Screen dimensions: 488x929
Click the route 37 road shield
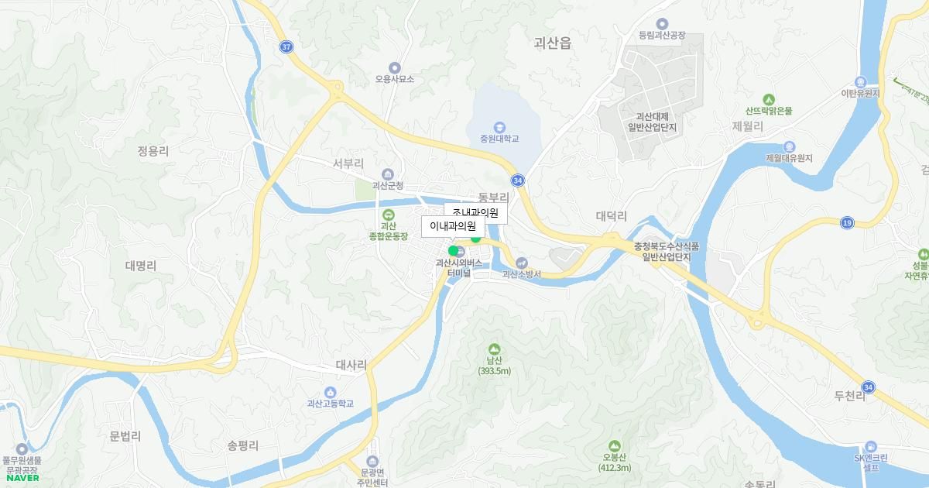pos(286,47)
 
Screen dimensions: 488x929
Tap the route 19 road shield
pos(847,223)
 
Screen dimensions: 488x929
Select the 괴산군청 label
pos(388,186)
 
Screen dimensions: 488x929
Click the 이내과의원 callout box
pos(453,226)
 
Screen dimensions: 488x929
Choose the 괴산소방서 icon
pos(521,263)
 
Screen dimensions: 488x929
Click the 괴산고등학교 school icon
pos(330,392)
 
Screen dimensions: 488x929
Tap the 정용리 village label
pos(153,151)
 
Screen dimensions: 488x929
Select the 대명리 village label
pos(140,265)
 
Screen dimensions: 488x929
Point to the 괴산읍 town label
pos(552,43)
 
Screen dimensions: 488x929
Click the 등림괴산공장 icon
pos(662,24)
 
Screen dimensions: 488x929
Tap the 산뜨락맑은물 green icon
pos(768,99)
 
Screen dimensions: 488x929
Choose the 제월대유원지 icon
pos(789,146)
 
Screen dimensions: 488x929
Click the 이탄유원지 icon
pos(860,82)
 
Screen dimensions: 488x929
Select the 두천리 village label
pos(849,397)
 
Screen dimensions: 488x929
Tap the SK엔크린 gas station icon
pos(872,446)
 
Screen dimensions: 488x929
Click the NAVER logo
pos(22,478)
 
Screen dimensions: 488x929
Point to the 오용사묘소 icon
pos(395,67)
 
